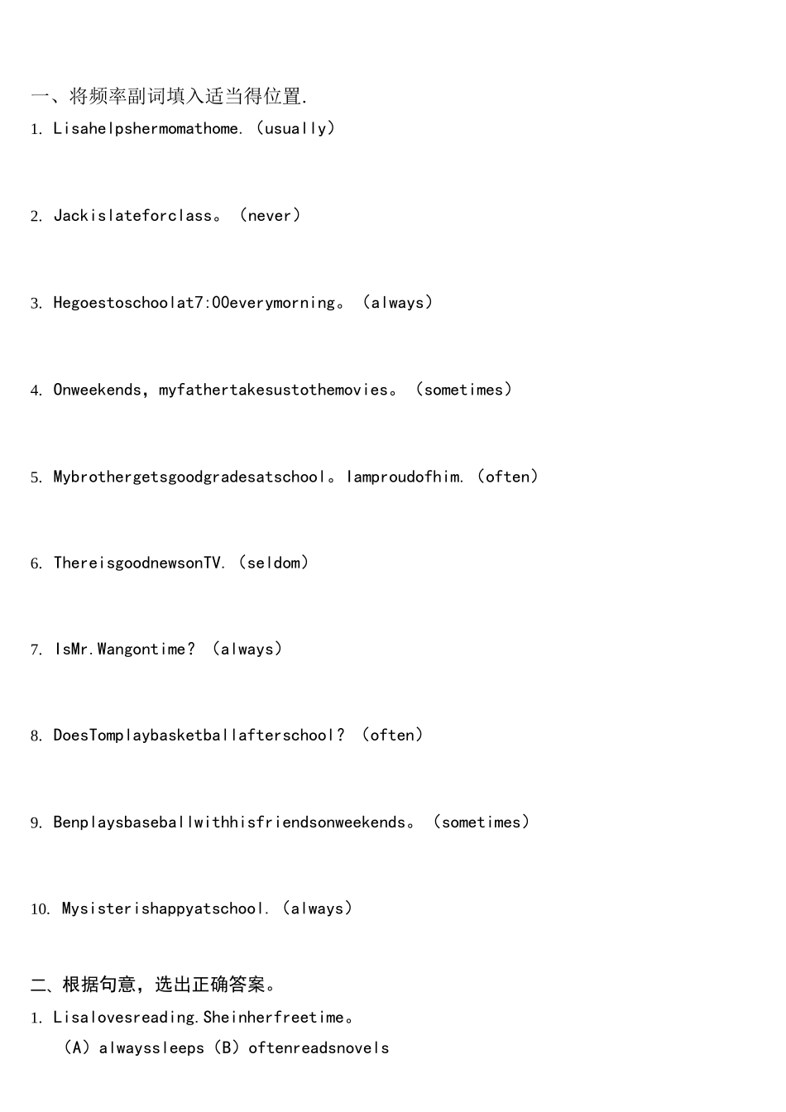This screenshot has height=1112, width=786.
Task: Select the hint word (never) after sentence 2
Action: pos(270,215)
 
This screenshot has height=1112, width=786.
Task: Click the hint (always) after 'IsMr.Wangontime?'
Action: pos(247,649)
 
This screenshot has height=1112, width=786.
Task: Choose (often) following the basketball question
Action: pos(392,735)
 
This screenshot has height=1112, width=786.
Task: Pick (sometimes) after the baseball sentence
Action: pos(482,822)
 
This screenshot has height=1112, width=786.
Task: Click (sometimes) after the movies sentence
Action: pos(463,389)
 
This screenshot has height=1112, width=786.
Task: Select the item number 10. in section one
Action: pos(41,909)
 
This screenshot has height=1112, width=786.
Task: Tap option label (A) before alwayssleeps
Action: pos(77,1047)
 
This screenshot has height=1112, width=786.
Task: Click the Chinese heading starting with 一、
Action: pos(170,96)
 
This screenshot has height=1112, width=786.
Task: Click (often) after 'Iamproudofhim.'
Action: pos(507,477)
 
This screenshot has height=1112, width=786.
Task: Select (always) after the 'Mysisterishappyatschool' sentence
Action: pos(317,908)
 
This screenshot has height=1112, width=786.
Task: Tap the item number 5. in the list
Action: pos(36,477)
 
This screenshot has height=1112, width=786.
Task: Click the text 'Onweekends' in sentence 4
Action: pos(98,390)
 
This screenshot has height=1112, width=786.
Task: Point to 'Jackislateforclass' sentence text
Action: pos(133,215)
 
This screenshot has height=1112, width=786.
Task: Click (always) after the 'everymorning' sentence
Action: pos(398,302)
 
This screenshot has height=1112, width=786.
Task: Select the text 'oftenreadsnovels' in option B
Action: pos(319,1048)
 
